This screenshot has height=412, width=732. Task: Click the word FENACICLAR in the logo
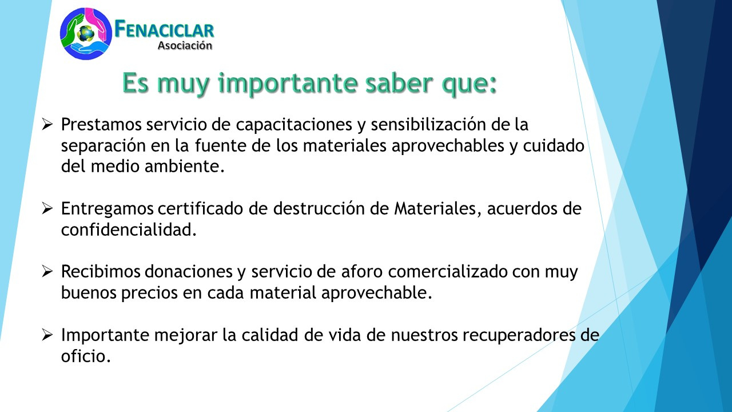pos(164,29)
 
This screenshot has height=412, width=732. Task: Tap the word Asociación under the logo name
pos(185,45)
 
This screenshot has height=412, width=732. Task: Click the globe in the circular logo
pos(86,34)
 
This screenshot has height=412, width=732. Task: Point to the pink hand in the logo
pos(97,23)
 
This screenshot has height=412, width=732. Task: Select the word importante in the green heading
pos(288,84)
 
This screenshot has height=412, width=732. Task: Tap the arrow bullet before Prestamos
pos(47,124)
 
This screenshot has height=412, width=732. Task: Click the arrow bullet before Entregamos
pos(47,208)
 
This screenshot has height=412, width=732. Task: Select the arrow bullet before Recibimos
pos(47,271)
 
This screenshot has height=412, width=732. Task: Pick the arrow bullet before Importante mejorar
pos(47,335)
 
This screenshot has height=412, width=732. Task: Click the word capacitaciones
pos(294,125)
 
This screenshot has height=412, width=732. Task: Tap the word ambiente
pos(184,166)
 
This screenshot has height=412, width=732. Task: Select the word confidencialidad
pos(129,229)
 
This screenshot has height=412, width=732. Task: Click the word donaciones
pos(189,271)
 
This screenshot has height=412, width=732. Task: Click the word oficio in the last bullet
pos(86,356)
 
